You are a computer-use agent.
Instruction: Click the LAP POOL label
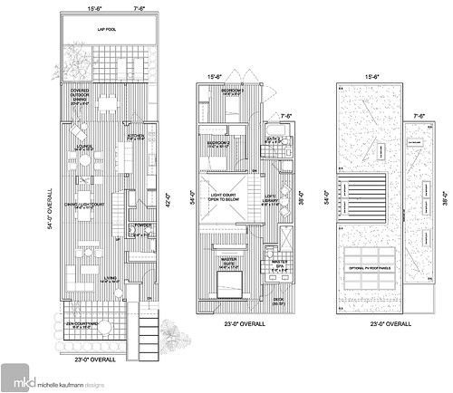tap(111, 30)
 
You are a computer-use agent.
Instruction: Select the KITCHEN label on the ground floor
tap(135, 138)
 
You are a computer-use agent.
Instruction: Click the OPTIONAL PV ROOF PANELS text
tap(369, 268)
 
